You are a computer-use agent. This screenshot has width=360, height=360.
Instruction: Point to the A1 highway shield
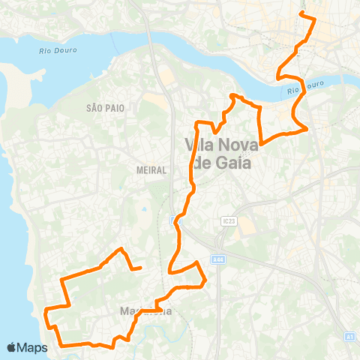349,337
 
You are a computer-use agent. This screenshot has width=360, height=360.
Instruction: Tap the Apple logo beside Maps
13,348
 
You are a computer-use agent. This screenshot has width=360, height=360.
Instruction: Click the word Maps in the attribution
33,348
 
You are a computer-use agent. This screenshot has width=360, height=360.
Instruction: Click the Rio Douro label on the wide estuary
52,50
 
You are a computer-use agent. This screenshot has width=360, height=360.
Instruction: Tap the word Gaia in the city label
238,163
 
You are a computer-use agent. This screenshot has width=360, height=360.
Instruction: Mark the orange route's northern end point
301,14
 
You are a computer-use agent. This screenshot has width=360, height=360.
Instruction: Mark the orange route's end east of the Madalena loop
141,267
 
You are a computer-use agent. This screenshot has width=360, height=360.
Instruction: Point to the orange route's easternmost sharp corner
307,129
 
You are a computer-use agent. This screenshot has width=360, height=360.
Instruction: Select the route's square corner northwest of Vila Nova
196,122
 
